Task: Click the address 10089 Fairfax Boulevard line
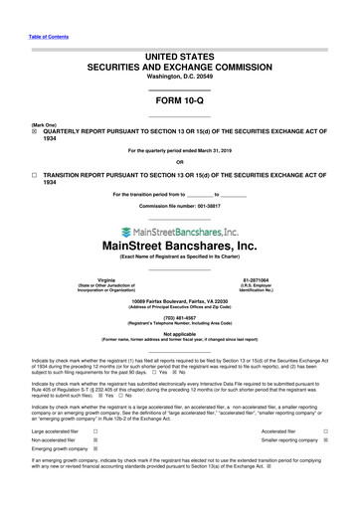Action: (179, 300)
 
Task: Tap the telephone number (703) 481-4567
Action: (179, 318)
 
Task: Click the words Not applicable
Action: (179, 335)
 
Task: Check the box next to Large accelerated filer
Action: (94, 431)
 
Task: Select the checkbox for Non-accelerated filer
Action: (94, 441)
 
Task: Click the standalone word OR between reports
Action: (179, 162)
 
